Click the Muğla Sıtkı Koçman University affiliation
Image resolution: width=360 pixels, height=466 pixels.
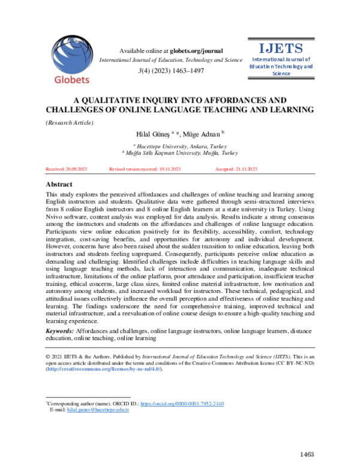[179, 154]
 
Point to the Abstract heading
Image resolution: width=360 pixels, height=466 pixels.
[63, 184]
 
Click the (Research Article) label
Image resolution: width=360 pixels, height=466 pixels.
[70, 123]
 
